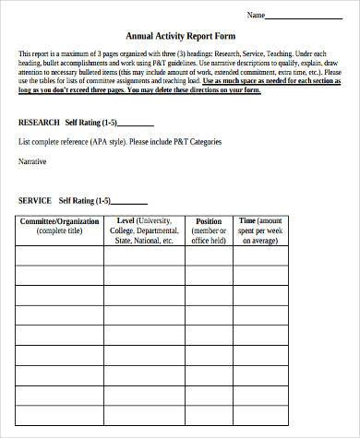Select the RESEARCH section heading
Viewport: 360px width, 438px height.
point(39,122)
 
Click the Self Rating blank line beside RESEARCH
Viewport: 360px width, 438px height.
point(136,124)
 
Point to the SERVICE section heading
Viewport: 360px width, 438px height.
point(35,200)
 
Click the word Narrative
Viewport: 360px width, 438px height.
point(33,160)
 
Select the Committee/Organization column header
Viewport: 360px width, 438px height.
point(60,222)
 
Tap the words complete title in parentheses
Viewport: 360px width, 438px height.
point(60,231)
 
